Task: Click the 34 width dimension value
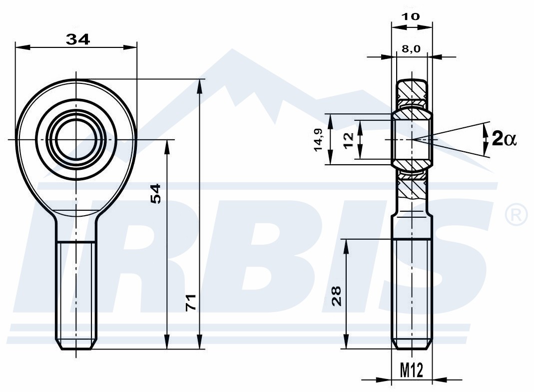(77, 39)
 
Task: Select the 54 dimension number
(155, 194)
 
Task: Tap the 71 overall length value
(191, 302)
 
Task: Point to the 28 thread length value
(337, 296)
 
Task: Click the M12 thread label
(412, 370)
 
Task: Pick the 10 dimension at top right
(411, 16)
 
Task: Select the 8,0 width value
(411, 49)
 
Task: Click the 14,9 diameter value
(318, 140)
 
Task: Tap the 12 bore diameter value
(349, 140)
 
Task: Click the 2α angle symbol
(505, 139)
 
